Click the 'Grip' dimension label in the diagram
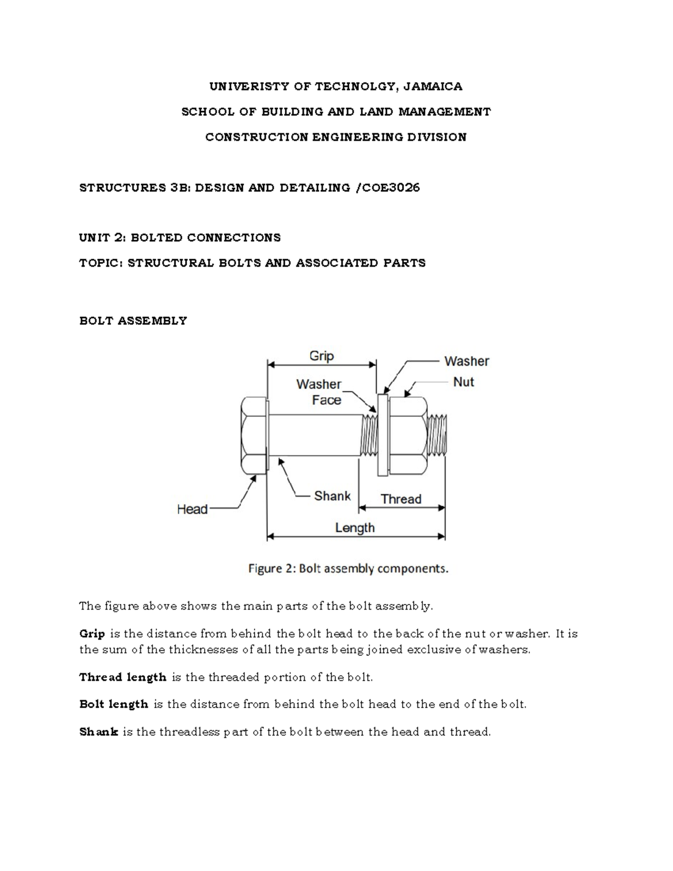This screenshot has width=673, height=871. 321,356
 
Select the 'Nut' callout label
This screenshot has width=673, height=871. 463,382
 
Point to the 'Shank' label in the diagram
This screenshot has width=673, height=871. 332,496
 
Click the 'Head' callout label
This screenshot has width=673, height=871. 192,509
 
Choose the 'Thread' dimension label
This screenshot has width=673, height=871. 401,499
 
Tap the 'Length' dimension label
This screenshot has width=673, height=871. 354,528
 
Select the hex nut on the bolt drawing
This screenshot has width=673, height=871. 407,435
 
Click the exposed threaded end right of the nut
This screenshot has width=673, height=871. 437,435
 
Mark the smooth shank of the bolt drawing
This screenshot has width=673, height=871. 314,435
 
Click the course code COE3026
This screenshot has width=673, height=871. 391,188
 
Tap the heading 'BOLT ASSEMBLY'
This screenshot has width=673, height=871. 133,321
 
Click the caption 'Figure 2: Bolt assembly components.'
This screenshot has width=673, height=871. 348,569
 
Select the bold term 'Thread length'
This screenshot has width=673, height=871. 123,677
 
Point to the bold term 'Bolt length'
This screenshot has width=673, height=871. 114,704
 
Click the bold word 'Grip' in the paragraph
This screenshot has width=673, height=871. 92,634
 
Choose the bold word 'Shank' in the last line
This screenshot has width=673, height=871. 99,732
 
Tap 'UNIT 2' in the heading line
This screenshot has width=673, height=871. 102,238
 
